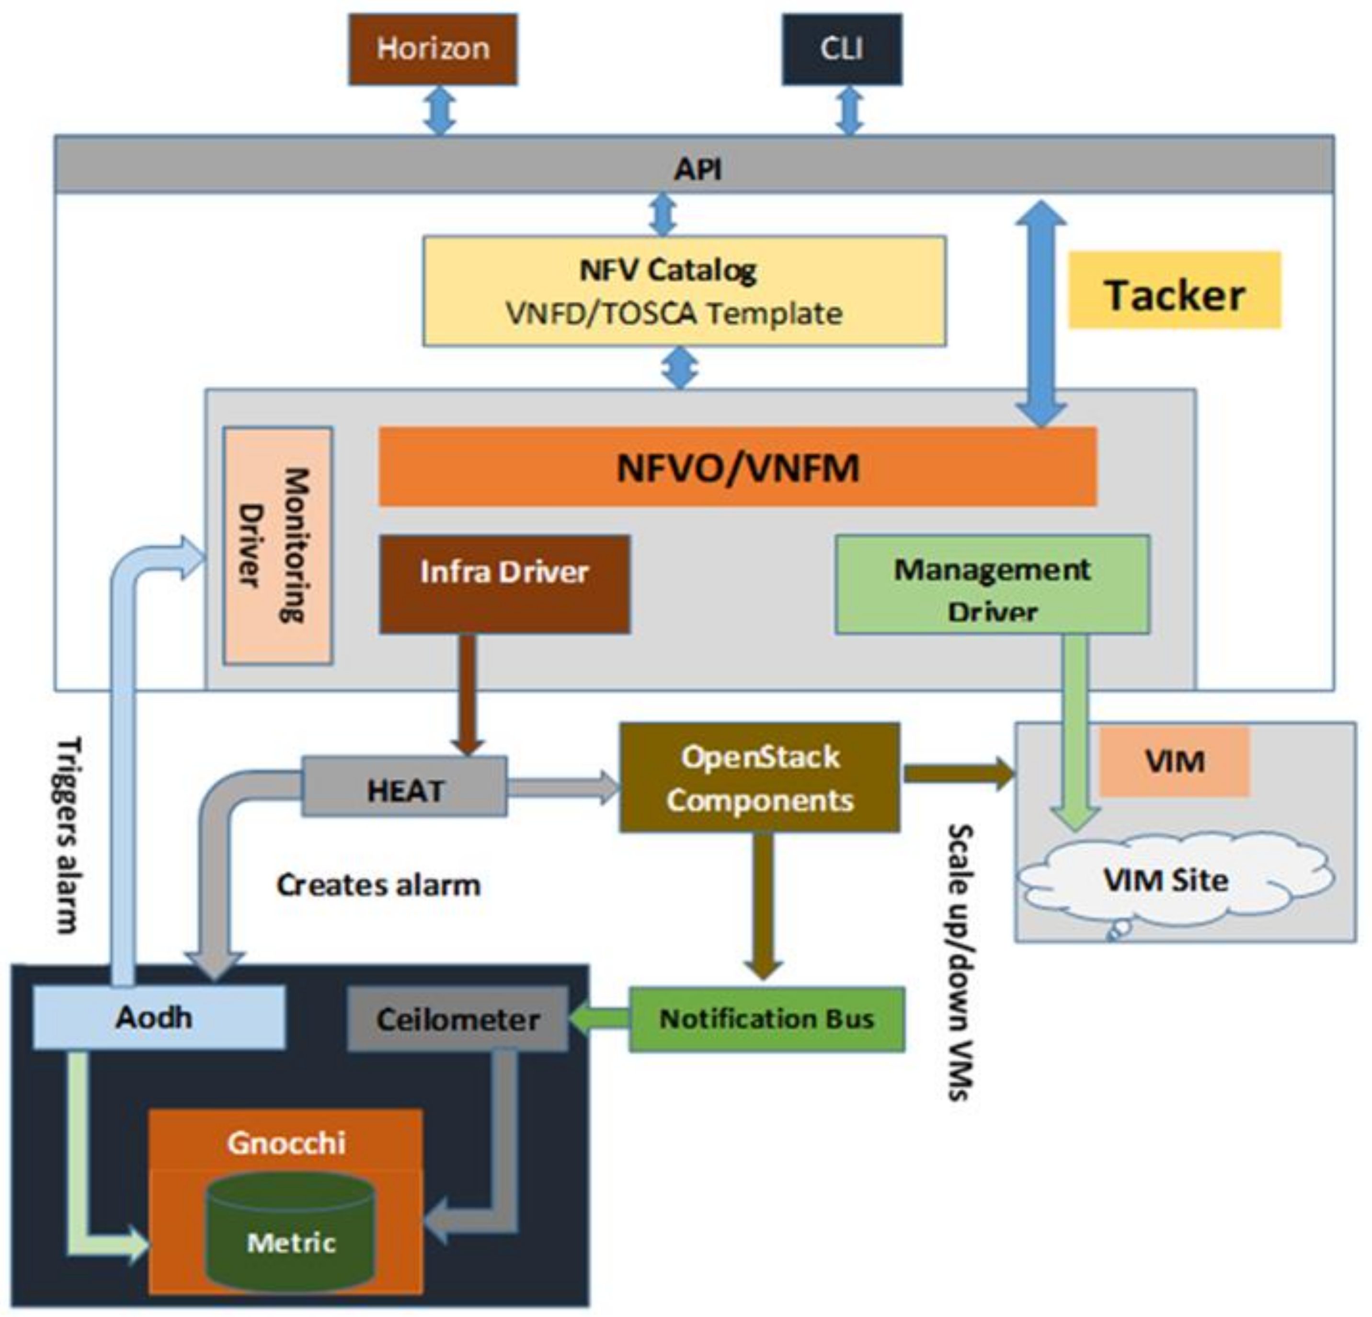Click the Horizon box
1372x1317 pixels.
433,49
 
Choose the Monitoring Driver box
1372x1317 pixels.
278,545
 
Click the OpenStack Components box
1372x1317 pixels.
759,777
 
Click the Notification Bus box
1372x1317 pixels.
766,1019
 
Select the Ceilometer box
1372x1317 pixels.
458,1019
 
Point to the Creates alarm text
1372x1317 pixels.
378,886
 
